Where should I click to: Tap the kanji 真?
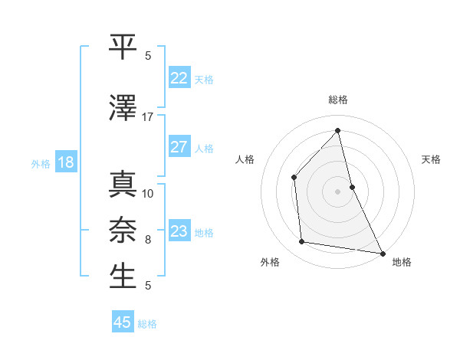point(123,185)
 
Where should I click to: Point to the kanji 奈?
point(123,229)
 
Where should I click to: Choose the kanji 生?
point(123,276)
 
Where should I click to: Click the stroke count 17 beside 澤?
point(148,117)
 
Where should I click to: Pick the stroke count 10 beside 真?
point(148,193)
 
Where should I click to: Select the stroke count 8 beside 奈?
point(148,239)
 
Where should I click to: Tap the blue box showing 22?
point(179,78)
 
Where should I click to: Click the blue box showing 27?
point(179,147)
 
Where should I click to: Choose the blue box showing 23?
point(179,231)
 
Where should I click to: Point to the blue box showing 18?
point(64,162)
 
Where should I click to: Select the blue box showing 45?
point(123,322)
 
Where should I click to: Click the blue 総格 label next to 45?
point(147,324)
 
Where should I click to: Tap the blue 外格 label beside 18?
point(41,163)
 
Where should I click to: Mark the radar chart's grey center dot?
point(337,191)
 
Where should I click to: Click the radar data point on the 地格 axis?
point(382,252)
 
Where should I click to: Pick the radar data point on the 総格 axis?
point(337,131)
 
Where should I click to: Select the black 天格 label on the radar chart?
point(431,159)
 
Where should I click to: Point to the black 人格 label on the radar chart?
point(245,159)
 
